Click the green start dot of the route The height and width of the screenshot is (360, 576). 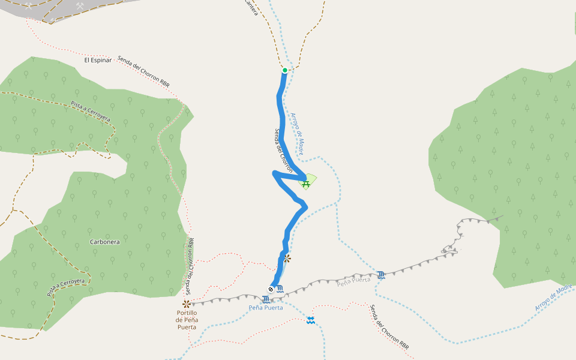pos(285,70)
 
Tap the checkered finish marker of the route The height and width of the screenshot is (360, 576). pos(271,290)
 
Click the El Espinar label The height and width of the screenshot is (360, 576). pos(98,61)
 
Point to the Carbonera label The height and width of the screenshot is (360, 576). pos(105,242)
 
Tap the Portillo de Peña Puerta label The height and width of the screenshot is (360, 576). pos(186,320)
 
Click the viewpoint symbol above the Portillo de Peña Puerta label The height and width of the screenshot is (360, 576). pos(186,304)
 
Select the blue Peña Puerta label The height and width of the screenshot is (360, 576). pos(266,308)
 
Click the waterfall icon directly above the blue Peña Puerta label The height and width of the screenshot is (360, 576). pos(266,299)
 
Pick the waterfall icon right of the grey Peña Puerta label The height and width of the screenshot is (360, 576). pos(381,275)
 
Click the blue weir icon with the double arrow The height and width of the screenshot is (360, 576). pos(310,320)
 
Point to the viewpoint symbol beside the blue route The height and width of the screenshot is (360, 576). pos(287,259)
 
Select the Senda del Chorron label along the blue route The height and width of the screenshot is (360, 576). pos(283,151)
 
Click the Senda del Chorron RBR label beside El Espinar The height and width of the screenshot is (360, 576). pos(143,71)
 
